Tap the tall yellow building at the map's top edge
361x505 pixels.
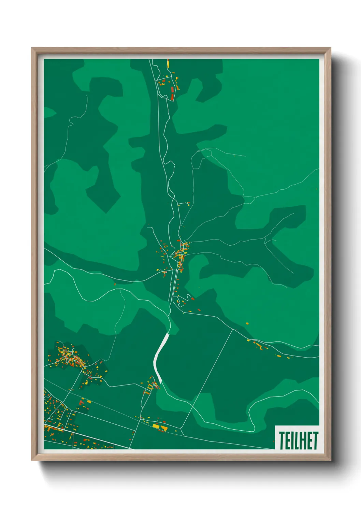[x=168, y=63]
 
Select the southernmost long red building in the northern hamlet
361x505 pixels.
[x=172, y=97]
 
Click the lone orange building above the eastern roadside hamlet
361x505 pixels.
[x=247, y=323]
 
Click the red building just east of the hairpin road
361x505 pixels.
[x=193, y=299]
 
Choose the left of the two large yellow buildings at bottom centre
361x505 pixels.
[x=156, y=426]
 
